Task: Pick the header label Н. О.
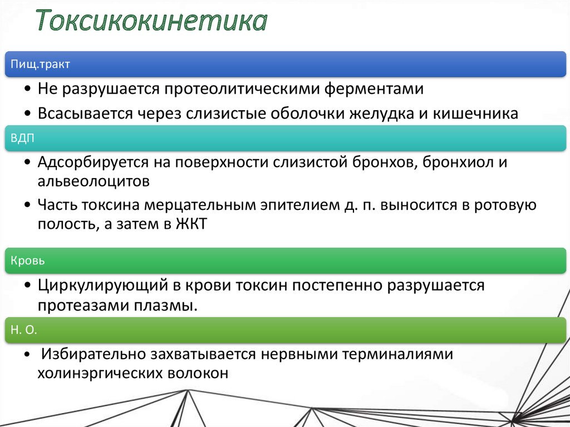pyautogui.click(x=23, y=330)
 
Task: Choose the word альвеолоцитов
pyautogui.click(x=93, y=181)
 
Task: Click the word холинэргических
pyautogui.click(x=100, y=374)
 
